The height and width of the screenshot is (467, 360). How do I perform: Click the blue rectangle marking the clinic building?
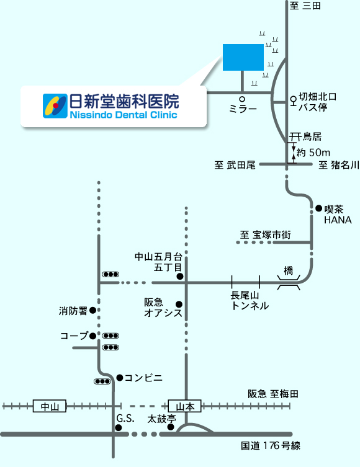243,57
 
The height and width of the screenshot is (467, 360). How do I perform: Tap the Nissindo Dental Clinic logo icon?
55,106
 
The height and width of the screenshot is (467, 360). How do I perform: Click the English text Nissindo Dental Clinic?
124,115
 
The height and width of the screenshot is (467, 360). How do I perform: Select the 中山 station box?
49,406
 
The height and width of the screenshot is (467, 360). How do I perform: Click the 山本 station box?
185,406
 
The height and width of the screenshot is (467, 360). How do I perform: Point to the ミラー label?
243,109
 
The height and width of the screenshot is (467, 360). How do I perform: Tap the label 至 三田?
305,6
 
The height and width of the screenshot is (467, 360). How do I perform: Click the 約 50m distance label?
313,153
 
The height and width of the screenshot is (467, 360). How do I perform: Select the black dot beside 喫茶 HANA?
319,208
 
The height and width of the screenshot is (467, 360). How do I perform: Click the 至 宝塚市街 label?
266,234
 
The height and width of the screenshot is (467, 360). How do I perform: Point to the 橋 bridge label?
288,270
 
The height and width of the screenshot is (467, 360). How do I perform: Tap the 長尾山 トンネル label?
250,301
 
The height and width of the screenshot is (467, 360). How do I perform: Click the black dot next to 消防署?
92,310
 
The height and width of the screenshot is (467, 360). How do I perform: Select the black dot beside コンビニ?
120,378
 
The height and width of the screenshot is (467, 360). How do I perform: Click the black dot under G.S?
119,428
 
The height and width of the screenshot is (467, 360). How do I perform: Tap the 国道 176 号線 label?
271,445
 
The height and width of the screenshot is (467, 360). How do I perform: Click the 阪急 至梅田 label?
273,394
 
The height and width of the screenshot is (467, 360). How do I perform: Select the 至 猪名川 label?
339,165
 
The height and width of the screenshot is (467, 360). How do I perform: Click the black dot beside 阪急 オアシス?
179,304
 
